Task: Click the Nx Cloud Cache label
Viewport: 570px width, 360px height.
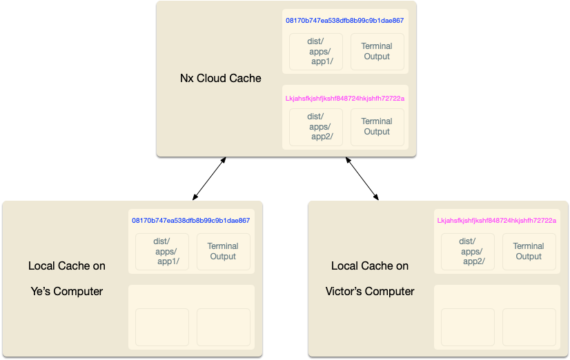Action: pos(221,79)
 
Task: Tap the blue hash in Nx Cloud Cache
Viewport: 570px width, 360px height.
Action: pos(345,21)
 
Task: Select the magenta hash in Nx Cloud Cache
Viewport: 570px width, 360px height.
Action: pos(345,99)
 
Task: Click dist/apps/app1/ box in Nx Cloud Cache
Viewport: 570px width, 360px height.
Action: pos(316,52)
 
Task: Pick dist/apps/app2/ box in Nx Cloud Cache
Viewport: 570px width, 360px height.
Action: pos(316,127)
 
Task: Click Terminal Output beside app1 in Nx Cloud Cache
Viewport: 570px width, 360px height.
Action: pos(377,52)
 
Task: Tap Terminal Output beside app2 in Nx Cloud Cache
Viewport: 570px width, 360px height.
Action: pos(377,127)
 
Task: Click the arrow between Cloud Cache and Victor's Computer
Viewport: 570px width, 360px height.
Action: pos(362,179)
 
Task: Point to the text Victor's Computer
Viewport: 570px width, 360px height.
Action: pos(370,292)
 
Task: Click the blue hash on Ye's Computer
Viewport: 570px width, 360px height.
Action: pos(191,221)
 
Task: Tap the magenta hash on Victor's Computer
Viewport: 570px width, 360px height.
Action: pos(497,221)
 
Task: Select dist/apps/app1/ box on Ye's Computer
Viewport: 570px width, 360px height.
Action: pos(162,251)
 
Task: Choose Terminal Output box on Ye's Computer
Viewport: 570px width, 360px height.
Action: pos(223,251)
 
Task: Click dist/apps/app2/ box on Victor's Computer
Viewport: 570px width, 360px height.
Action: pos(468,251)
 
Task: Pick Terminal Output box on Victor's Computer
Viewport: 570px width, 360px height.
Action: pos(529,251)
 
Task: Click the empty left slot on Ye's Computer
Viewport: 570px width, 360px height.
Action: pos(162,327)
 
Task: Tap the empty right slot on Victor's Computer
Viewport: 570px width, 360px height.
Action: pos(529,327)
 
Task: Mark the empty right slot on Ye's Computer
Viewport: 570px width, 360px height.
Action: pos(223,327)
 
